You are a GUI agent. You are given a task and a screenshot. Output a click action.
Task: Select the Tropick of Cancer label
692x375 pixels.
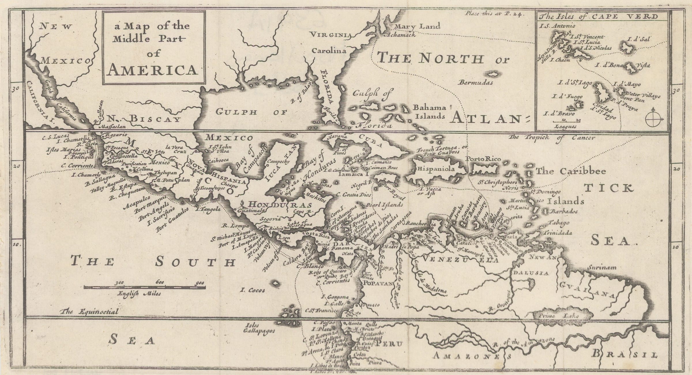tap(552, 138)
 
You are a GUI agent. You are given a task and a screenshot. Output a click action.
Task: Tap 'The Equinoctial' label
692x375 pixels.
tap(90, 312)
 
